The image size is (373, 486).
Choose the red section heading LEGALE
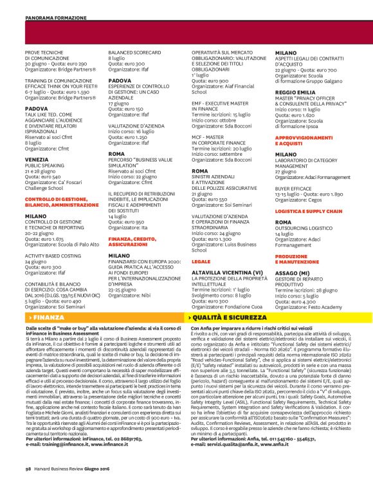coord(201,245)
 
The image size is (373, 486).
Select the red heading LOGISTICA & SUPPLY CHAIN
coord(308,210)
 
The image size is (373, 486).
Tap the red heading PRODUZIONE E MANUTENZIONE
coord(292,259)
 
